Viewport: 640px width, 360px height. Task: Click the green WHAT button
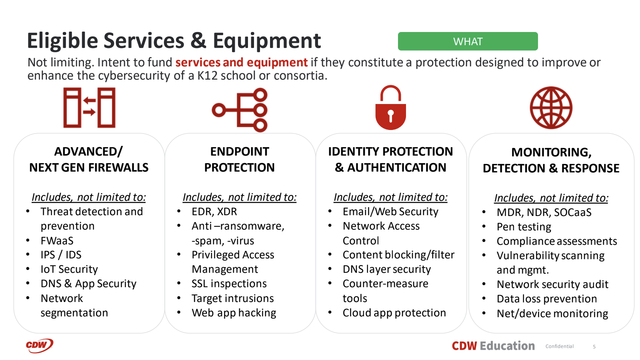468,41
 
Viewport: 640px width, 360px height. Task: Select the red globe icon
551,108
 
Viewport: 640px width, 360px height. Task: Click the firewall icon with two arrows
89,108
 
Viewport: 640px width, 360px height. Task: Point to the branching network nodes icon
240,110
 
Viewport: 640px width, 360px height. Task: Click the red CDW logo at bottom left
39,346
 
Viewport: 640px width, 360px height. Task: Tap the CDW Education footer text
493,346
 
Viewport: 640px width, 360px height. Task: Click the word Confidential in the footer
559,346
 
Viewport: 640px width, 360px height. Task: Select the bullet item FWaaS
57,241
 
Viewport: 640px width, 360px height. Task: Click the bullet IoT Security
69,269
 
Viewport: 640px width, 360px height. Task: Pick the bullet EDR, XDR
214,212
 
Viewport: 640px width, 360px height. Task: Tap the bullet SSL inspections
229,284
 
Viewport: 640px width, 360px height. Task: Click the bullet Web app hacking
234,313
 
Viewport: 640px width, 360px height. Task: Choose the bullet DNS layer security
386,269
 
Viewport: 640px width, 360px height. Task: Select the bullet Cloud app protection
394,313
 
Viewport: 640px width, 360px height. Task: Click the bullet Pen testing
524,227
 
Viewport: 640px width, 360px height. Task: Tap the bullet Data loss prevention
546,299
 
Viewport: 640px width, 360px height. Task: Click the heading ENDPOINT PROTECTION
239,159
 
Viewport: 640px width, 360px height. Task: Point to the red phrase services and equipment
241,62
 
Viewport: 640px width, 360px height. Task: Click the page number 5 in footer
594,347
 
